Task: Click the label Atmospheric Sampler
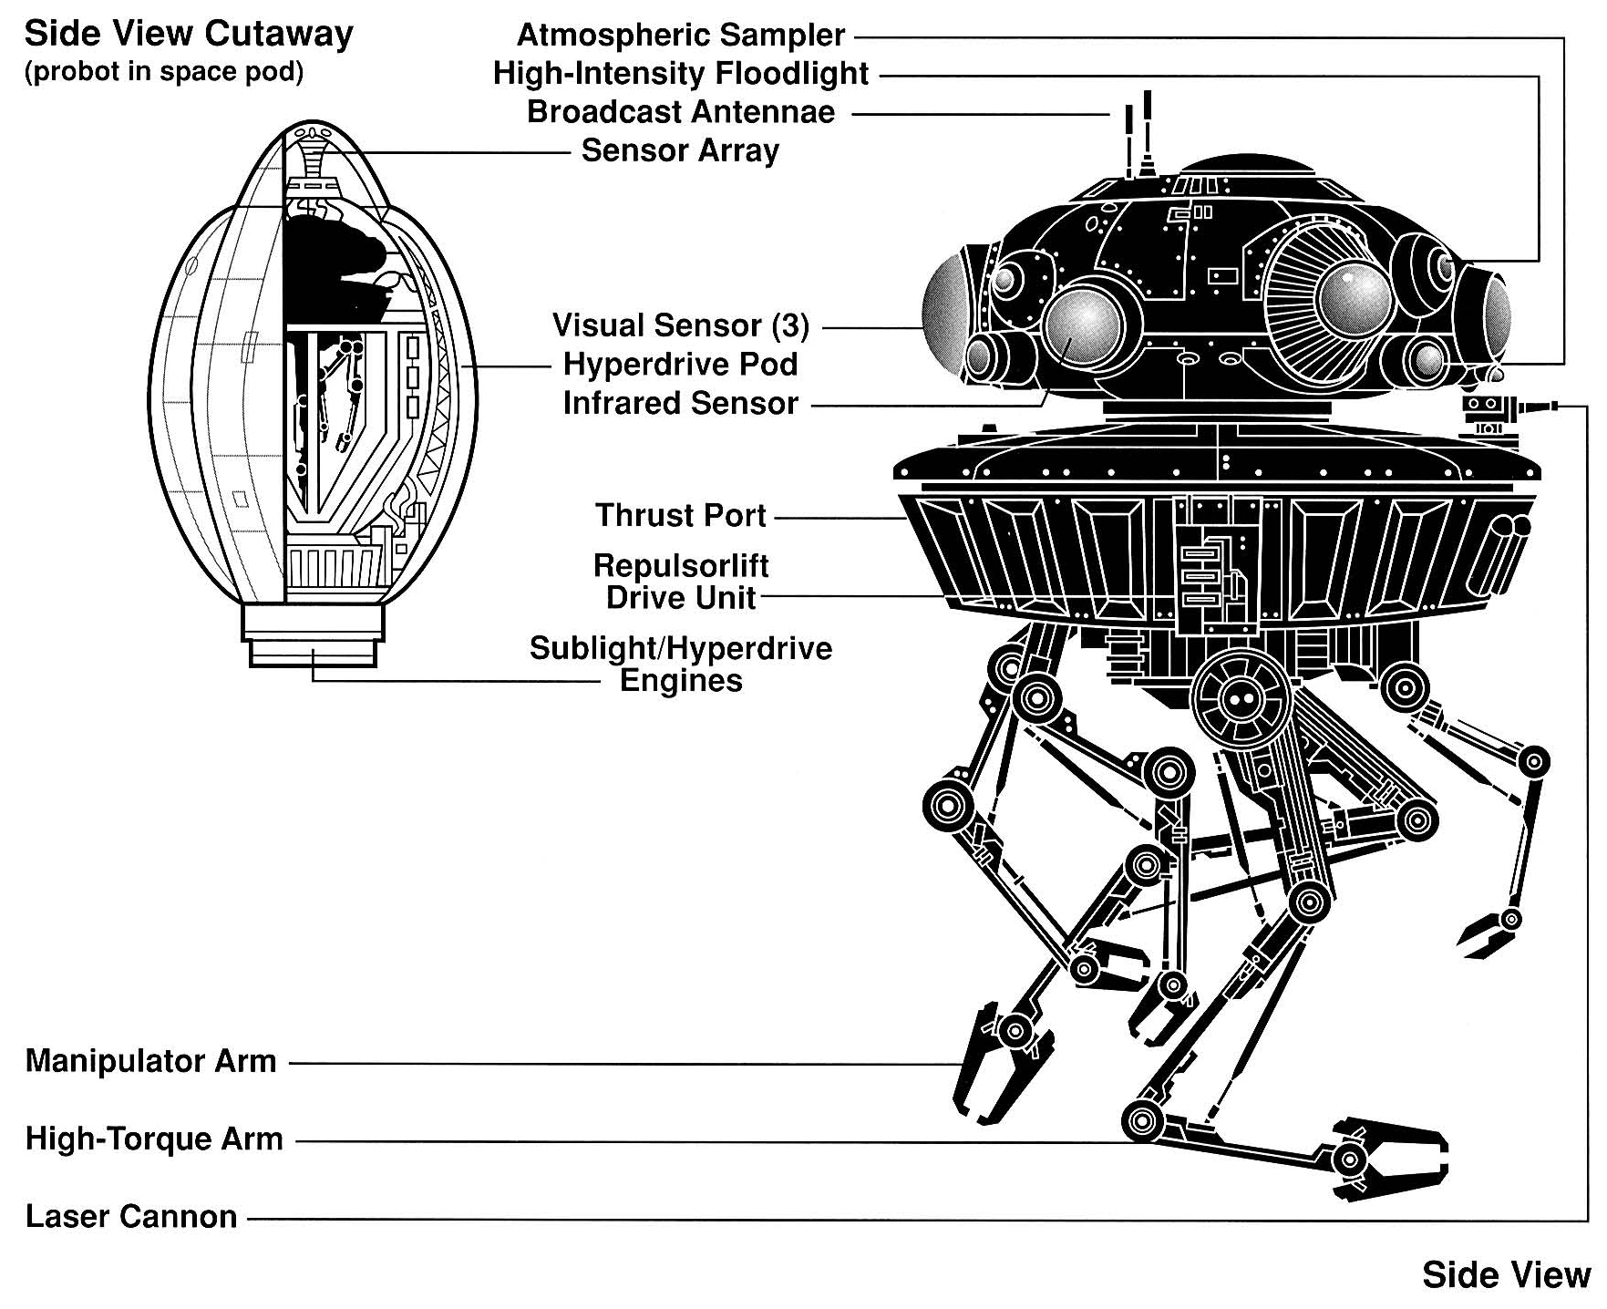click(x=681, y=36)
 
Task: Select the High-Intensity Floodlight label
click(x=681, y=74)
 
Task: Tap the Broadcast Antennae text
click(x=681, y=112)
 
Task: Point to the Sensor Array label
click(x=680, y=150)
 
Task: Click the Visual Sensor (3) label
click(x=681, y=325)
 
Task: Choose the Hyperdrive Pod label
click(x=681, y=365)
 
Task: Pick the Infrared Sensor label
click(x=681, y=403)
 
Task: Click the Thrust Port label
click(x=681, y=515)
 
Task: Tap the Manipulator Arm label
click(x=151, y=1061)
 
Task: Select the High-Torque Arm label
click(x=154, y=1139)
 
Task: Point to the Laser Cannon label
click(x=131, y=1216)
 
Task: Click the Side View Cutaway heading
click(x=189, y=35)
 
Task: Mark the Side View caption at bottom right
click(x=1506, y=1275)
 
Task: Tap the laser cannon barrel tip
click(x=1553, y=406)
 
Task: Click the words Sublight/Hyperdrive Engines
click(x=681, y=665)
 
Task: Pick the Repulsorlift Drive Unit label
click(x=681, y=582)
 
